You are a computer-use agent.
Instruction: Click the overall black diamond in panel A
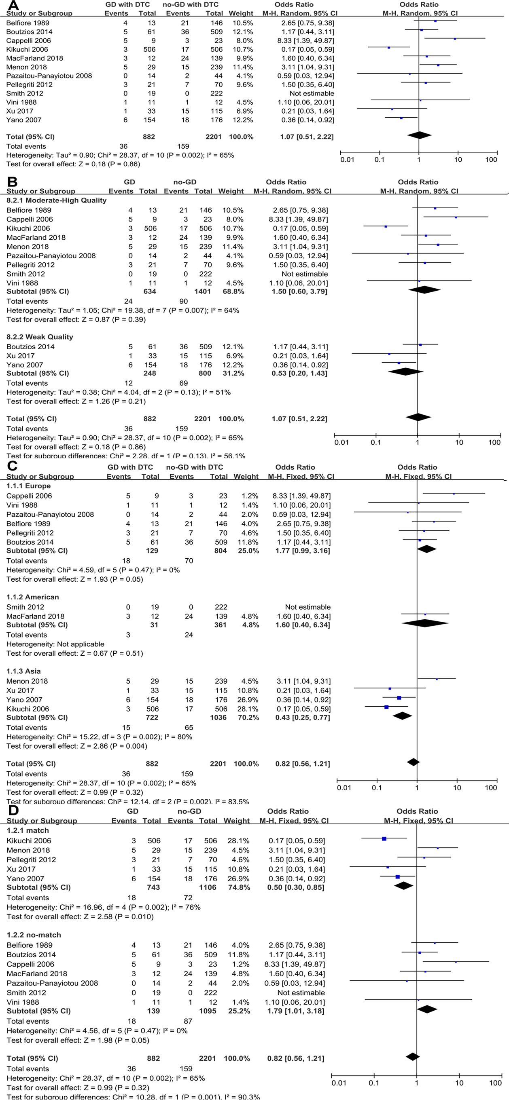coord(419,135)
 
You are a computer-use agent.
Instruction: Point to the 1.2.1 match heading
coord(28,830)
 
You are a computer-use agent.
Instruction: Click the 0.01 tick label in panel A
coord(347,160)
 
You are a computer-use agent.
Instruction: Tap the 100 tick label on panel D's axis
coord(495,1083)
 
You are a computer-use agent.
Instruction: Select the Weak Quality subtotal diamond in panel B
coord(405,372)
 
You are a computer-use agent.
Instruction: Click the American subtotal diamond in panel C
coord(425,623)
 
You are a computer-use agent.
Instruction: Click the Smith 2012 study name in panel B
coord(25,274)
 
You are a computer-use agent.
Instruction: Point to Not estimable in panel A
coord(312,93)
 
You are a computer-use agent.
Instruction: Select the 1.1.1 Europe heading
coord(28,486)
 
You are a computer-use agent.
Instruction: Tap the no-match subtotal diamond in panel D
coord(427,1009)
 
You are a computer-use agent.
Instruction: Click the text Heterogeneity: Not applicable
coord(55,644)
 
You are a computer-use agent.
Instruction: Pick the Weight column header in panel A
coord(241,14)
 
